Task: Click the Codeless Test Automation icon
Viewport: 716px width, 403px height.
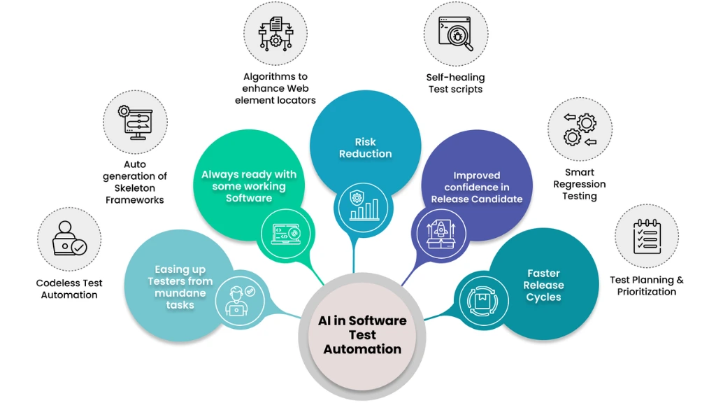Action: [69, 239]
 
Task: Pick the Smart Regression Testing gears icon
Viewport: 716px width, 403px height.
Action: [580, 129]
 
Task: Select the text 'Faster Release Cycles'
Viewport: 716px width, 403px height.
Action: [543, 285]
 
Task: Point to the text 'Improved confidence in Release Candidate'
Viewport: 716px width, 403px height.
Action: [477, 188]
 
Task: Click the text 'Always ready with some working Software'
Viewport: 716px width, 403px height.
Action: [249, 186]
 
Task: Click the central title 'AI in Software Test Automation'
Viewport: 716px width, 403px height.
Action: [362, 334]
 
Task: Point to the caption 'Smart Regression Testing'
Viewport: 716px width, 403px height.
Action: [580, 184]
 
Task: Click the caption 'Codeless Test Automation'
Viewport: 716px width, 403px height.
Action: [69, 289]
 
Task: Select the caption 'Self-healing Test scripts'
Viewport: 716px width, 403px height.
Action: [455, 83]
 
